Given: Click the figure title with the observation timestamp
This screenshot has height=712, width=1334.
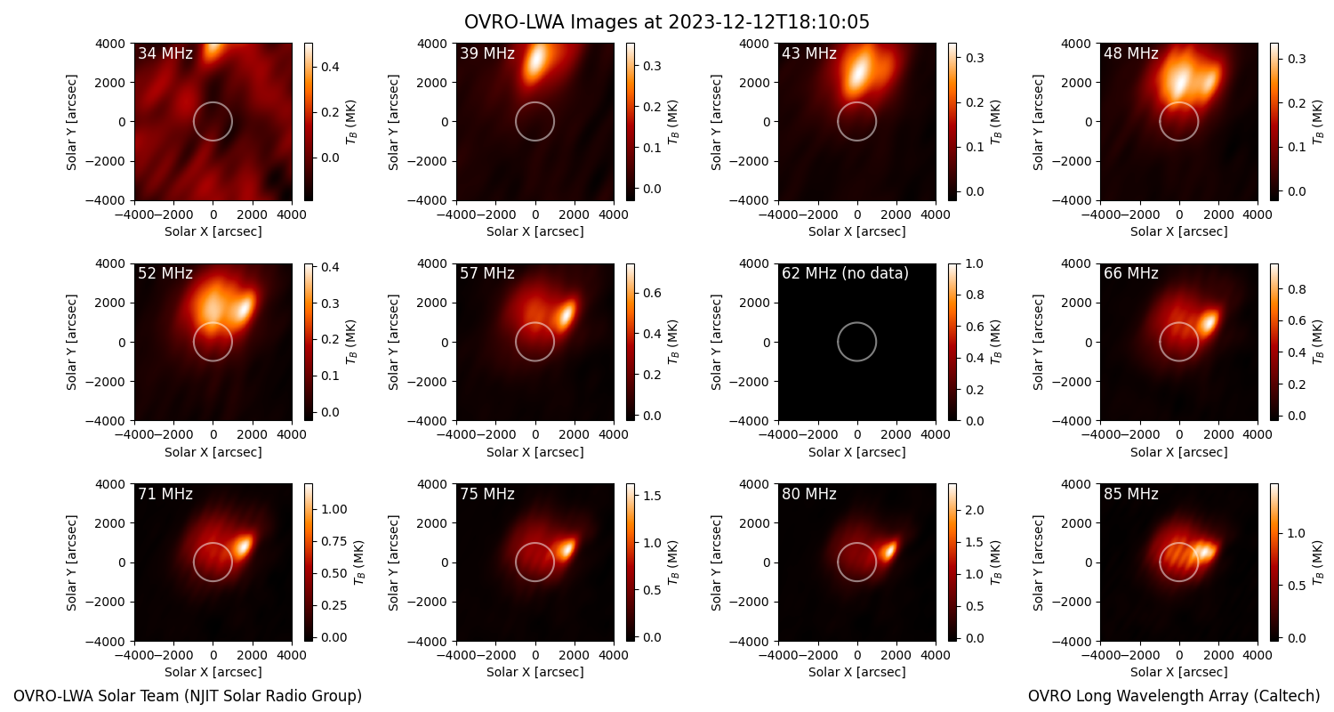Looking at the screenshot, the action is pyautogui.click(x=666, y=21).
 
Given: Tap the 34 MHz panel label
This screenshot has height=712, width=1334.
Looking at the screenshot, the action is pyautogui.click(x=165, y=53).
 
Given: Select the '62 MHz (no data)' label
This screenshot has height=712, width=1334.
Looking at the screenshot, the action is pyautogui.click(x=845, y=273).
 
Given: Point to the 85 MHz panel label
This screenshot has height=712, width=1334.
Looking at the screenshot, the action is pyautogui.click(x=1131, y=494).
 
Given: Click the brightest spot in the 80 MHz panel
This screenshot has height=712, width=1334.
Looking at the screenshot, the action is pyautogui.click(x=889, y=551).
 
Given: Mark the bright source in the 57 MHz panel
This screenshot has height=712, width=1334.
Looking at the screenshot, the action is pyautogui.click(x=565, y=313).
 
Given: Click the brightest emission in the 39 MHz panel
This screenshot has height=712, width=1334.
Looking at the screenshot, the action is pyautogui.click(x=536, y=62).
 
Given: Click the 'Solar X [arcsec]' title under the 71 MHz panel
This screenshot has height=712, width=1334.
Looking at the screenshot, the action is pyautogui.click(x=213, y=672).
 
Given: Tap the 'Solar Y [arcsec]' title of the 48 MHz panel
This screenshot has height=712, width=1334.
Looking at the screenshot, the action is pyautogui.click(x=1038, y=122).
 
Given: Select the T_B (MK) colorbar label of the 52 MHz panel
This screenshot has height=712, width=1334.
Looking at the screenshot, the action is pyautogui.click(x=351, y=343).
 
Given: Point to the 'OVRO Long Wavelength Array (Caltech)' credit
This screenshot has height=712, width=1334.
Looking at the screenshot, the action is pyautogui.click(x=1174, y=696).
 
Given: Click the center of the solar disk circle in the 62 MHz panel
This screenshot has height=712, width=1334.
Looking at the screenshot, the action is pyautogui.click(x=857, y=342).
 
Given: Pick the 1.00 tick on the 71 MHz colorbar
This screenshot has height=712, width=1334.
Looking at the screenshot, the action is pyautogui.click(x=334, y=509).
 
